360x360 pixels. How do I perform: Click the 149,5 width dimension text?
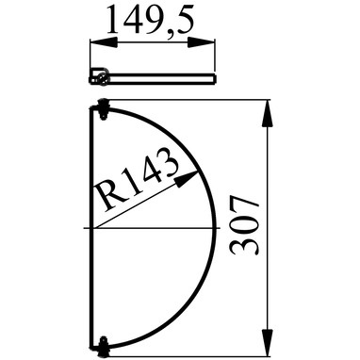point(150,21)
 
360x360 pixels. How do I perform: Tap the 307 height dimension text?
point(245,225)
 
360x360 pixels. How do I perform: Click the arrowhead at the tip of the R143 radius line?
point(187,178)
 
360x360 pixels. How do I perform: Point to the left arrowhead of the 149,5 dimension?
point(104,42)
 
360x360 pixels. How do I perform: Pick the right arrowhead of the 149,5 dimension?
point(202,42)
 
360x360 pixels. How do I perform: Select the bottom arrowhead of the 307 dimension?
point(267,342)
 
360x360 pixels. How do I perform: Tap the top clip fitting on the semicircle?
point(103,109)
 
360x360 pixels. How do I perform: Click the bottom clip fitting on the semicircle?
point(103,347)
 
